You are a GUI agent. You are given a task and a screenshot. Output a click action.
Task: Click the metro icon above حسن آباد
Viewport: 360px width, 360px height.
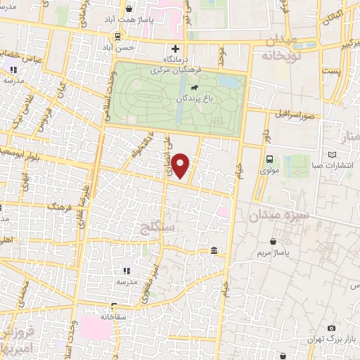coord(118,35)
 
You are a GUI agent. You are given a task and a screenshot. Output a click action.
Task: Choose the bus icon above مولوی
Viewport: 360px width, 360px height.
coord(270,159)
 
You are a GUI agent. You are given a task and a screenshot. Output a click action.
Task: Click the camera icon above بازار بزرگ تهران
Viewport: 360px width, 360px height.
coord(331,328)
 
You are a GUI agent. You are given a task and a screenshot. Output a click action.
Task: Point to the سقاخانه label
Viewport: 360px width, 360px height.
coord(112,317)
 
